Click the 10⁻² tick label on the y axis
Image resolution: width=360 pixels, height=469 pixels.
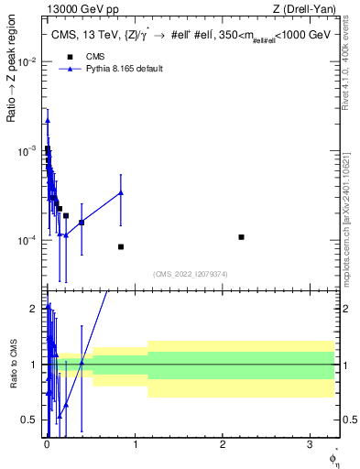click(x=27, y=62)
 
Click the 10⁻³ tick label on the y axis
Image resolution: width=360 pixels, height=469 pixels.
click(x=27, y=151)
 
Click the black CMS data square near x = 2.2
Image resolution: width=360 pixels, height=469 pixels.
click(x=241, y=237)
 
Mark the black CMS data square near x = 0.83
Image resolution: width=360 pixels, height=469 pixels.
click(x=121, y=246)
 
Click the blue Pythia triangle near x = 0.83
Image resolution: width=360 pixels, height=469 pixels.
click(x=121, y=192)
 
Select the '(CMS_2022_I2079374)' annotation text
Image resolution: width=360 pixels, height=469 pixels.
click(x=191, y=273)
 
